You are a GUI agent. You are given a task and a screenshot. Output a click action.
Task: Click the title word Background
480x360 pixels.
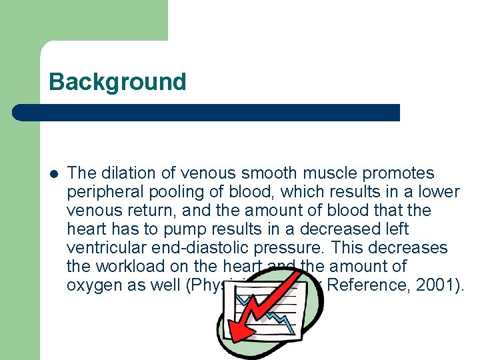pos(117,82)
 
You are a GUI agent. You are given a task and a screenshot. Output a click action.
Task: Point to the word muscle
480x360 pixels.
pos(324,173)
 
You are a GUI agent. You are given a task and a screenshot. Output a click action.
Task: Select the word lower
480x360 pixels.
pos(439,192)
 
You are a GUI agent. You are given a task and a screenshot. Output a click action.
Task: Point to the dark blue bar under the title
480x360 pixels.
pos(206,113)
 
